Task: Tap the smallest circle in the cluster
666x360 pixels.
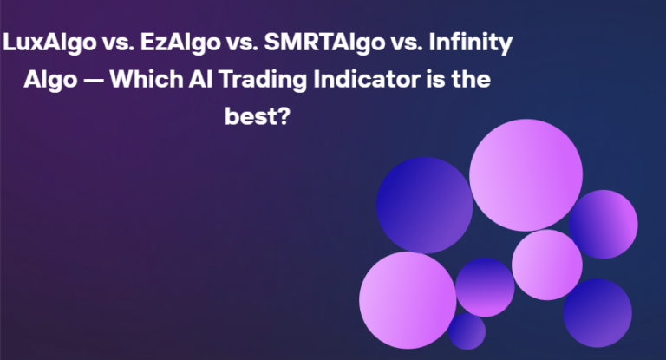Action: pos(467,331)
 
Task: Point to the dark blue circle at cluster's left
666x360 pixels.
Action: pos(424,205)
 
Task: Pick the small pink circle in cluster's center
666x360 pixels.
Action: pos(546,264)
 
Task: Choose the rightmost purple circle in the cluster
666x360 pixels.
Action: pos(604,224)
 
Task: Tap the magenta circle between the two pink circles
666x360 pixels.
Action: pos(485,287)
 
